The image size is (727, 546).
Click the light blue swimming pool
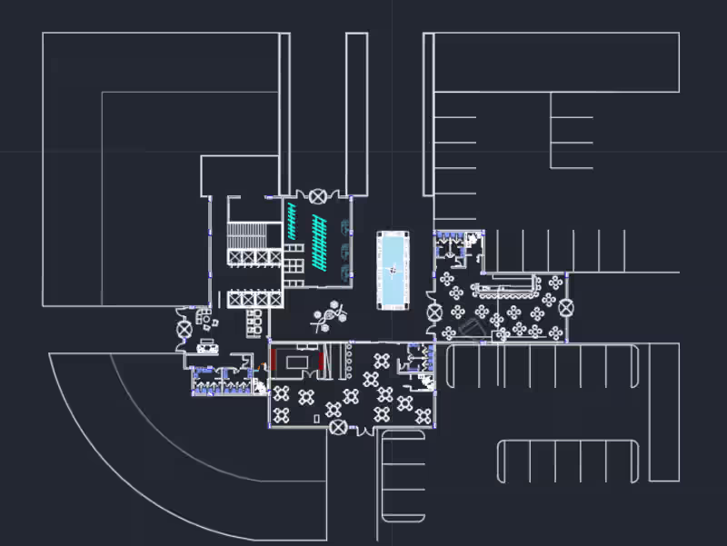[394, 271]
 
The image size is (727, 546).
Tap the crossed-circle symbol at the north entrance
[317, 195]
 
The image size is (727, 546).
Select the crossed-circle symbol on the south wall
[338, 426]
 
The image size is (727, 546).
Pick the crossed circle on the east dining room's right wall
[567, 308]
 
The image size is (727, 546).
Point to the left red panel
[273, 361]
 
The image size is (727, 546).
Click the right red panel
[321, 361]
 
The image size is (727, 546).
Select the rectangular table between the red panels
[297, 362]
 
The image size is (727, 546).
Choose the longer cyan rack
[319, 240]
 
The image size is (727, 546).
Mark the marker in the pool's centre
[393, 268]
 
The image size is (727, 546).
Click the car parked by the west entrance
[208, 345]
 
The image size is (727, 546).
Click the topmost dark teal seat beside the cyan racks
[344, 227]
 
